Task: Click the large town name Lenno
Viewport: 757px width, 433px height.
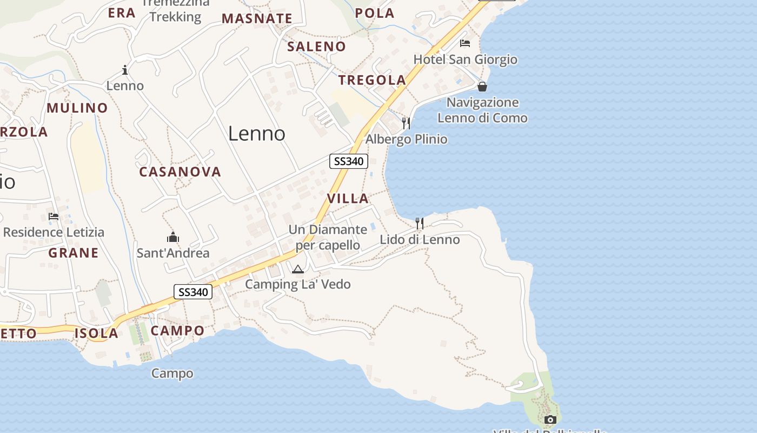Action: coord(256,133)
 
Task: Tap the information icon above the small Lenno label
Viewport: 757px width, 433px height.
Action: coord(125,70)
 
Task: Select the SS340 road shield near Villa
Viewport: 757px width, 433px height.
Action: coord(349,161)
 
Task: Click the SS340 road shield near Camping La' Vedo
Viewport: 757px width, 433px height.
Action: coord(193,292)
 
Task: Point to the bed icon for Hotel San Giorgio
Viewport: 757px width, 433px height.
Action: coord(464,43)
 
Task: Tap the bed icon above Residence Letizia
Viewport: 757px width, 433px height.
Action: coord(54,216)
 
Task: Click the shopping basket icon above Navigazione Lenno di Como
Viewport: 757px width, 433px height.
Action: coord(482,87)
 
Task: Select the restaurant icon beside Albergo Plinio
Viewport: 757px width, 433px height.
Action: coord(406,123)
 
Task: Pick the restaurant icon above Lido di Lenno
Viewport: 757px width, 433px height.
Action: coord(420,223)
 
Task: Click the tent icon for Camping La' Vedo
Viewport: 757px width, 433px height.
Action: coord(298,269)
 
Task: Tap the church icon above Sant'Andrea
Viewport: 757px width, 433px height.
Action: coord(173,237)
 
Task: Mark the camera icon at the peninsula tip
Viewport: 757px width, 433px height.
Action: coord(550,419)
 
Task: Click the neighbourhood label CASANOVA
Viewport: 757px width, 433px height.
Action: coord(180,172)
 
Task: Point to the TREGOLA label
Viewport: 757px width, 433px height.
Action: coord(372,80)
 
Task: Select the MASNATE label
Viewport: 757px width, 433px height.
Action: coord(257,18)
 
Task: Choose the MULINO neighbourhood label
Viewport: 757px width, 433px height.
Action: coord(77,108)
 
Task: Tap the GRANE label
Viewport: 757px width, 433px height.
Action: coord(74,253)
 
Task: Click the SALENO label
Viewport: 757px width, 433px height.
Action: coord(316,47)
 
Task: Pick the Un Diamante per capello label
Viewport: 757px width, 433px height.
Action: coord(328,237)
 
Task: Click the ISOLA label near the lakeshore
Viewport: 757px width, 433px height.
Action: coord(96,333)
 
